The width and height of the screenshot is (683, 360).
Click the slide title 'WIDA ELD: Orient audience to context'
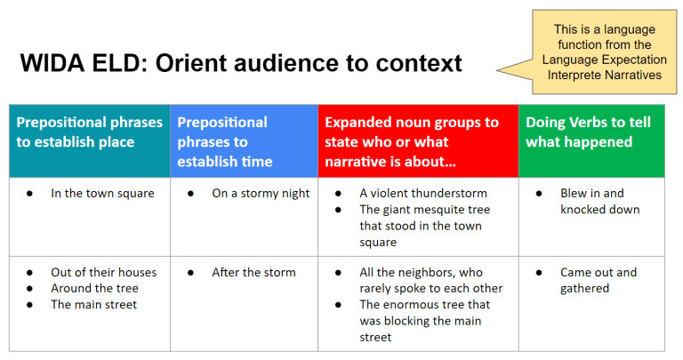(x=241, y=63)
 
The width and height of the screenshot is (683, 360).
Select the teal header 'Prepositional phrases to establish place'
(x=89, y=132)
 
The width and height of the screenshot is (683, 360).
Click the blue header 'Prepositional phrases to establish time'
(x=222, y=141)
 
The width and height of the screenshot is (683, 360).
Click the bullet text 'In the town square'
(x=102, y=193)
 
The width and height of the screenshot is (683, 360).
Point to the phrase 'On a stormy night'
(x=261, y=193)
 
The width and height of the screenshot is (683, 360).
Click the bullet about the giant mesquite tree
(x=424, y=226)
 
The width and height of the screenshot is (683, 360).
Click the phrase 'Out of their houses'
(x=103, y=272)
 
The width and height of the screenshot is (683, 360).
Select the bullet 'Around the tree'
(x=94, y=288)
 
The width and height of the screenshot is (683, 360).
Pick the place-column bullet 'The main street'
(x=94, y=304)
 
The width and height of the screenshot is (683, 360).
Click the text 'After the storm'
(x=253, y=272)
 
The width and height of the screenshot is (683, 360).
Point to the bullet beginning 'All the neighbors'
(x=430, y=280)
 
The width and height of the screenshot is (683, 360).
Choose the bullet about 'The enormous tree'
(x=424, y=320)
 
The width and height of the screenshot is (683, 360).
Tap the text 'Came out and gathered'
(x=599, y=280)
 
